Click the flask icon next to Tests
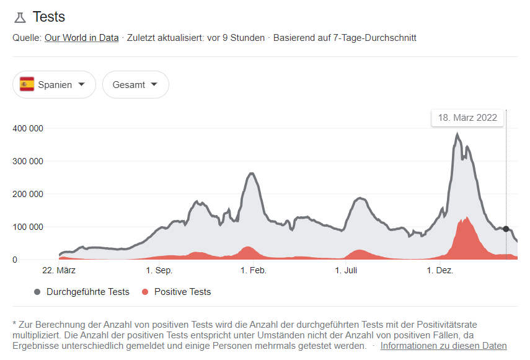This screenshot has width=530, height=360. point(20,17)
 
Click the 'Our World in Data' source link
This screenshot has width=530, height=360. point(81,38)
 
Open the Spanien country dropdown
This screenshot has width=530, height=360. point(54,85)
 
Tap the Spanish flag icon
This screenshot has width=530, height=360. point(27,85)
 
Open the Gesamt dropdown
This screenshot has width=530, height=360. point(135,85)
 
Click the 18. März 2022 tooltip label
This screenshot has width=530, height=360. point(467,118)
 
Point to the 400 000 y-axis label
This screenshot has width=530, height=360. point(28,128)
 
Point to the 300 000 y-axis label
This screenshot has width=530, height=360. point(28,161)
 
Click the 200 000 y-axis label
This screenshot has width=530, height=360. point(28,194)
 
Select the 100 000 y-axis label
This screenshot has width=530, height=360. point(28,227)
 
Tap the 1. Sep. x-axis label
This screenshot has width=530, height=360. point(159,271)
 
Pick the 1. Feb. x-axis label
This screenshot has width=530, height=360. point(253,271)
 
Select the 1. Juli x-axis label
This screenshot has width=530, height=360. point(347,271)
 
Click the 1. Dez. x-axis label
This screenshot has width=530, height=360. point(439,271)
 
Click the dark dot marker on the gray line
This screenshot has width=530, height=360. point(506,229)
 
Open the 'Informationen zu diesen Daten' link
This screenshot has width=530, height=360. point(443,346)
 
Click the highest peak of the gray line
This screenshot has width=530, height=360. point(457,134)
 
